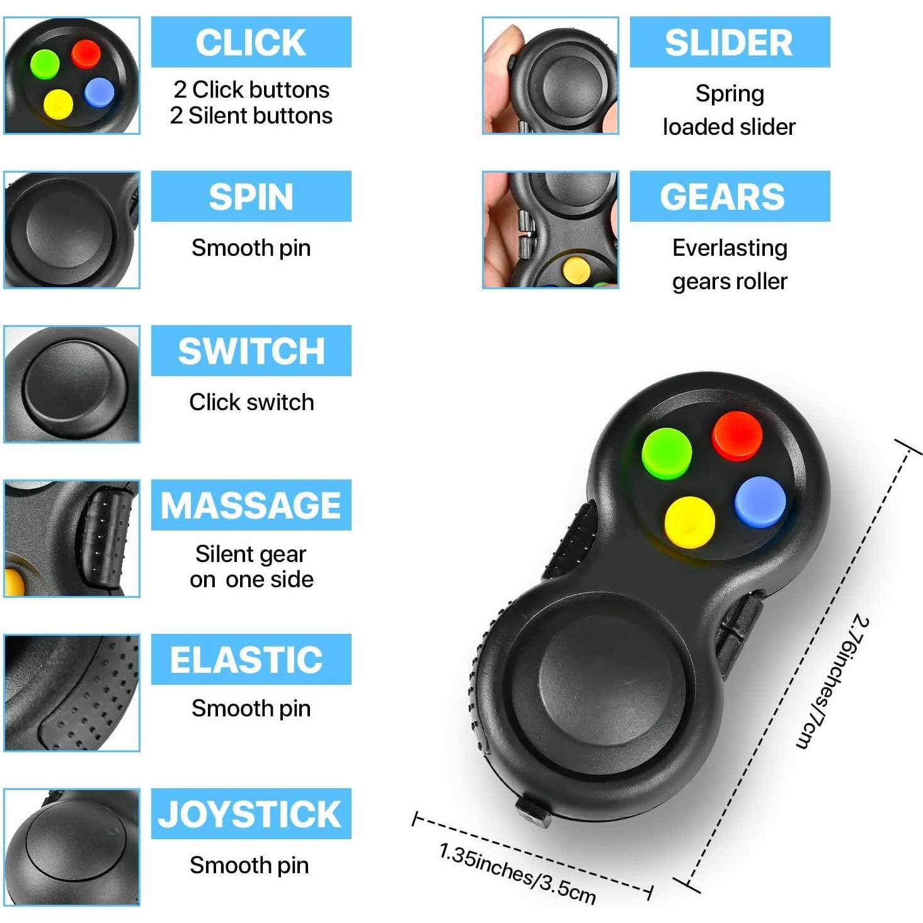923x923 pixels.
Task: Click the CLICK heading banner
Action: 251,42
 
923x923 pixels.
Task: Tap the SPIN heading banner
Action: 251,197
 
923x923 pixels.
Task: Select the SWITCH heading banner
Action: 251,351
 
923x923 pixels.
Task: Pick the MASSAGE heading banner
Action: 251,505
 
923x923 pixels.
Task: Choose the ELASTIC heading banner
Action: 251,660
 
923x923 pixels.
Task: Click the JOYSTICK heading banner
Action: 251,814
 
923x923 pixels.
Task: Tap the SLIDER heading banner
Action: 730,42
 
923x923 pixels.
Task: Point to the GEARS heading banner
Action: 730,197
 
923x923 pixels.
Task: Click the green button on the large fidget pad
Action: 666,454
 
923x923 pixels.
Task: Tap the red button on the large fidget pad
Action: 737,435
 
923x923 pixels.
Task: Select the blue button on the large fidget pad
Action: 760,502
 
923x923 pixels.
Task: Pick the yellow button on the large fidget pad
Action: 689,522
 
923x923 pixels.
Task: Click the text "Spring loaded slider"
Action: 730,110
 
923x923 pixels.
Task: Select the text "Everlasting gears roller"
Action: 730,265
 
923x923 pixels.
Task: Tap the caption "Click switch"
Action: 251,402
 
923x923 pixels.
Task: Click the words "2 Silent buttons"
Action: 251,116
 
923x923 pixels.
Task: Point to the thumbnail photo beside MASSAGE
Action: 72,539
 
